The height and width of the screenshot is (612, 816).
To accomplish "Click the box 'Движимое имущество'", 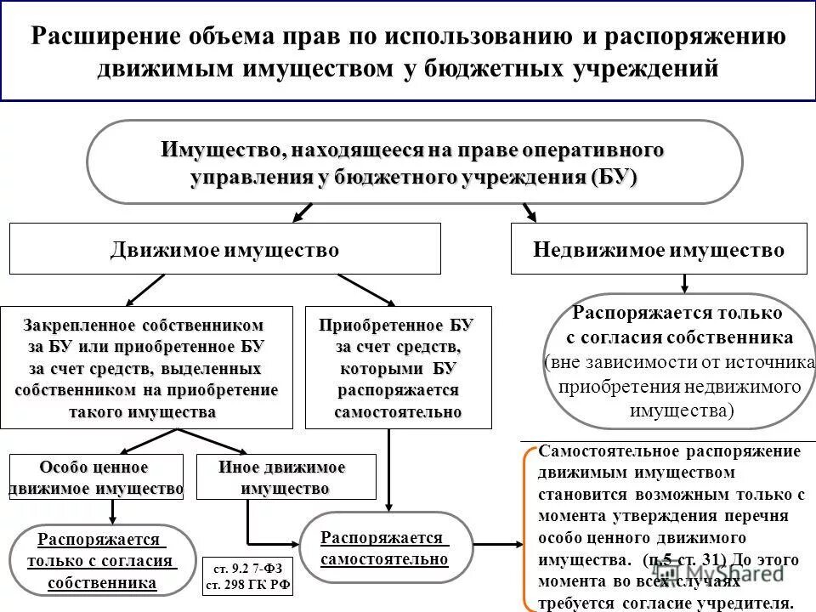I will click(x=225, y=249).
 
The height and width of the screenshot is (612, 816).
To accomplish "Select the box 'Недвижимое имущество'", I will click(x=659, y=249).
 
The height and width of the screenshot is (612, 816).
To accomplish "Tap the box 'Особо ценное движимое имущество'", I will click(x=95, y=478).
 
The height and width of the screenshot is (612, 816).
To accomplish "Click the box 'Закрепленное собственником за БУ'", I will click(x=146, y=366).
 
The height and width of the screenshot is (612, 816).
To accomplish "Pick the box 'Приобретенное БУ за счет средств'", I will click(x=398, y=366).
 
